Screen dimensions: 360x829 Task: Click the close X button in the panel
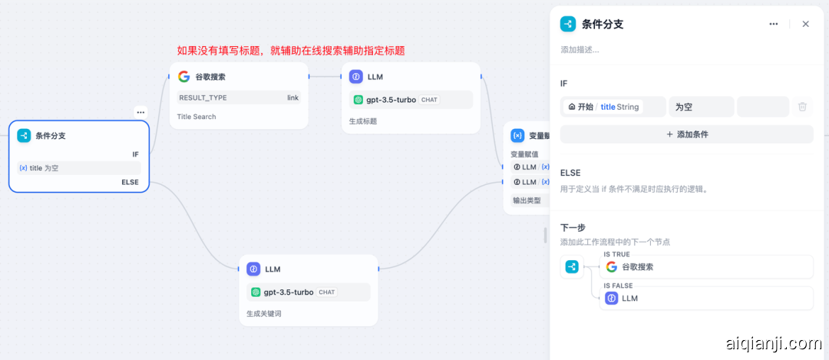pyautogui.click(x=805, y=24)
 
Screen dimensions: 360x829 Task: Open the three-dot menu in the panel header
pyautogui.click(x=774, y=24)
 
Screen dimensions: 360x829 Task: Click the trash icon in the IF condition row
pyautogui.click(x=802, y=107)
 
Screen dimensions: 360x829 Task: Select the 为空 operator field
pyautogui.click(x=701, y=107)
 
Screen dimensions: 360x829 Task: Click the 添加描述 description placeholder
pyautogui.click(x=580, y=50)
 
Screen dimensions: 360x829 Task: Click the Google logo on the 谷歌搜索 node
pyautogui.click(x=183, y=77)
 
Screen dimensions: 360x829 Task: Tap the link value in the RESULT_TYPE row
pyautogui.click(x=292, y=97)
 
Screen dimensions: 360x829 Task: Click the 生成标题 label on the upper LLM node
pyautogui.click(x=363, y=121)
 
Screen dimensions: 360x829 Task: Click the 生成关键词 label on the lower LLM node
pyautogui.click(x=263, y=313)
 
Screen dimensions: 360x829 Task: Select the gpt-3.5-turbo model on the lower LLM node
pyautogui.click(x=288, y=292)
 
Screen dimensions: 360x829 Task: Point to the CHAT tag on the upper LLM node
pyautogui.click(x=429, y=100)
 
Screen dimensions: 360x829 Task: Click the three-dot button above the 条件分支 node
pyautogui.click(x=140, y=112)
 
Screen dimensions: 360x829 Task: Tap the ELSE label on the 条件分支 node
pyautogui.click(x=130, y=182)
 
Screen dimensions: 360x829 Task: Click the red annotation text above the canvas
pyautogui.click(x=291, y=51)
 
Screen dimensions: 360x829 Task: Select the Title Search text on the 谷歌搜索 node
pyautogui.click(x=197, y=117)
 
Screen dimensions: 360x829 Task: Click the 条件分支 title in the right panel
pyautogui.click(x=603, y=24)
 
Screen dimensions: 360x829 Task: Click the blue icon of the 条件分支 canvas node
pyautogui.click(x=24, y=136)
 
